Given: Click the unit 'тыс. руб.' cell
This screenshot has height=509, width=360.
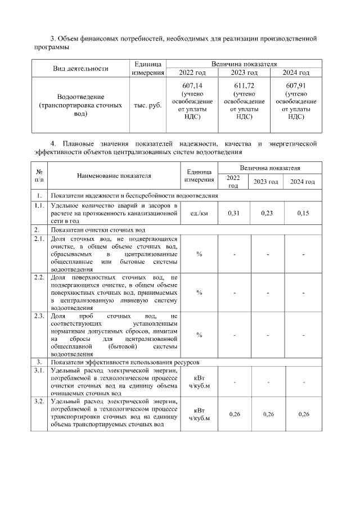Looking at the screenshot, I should [x=147, y=105].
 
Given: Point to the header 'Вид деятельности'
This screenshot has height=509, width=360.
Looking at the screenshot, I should [x=80, y=69].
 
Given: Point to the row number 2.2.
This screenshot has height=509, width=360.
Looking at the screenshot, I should [x=39, y=278].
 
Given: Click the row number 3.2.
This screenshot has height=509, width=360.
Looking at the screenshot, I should [x=39, y=401].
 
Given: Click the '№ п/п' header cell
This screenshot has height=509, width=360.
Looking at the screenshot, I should [x=39, y=175].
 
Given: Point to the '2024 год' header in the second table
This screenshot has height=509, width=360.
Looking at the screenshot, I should [x=303, y=181].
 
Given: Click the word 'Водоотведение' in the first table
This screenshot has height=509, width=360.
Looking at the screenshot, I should [x=80, y=97].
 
